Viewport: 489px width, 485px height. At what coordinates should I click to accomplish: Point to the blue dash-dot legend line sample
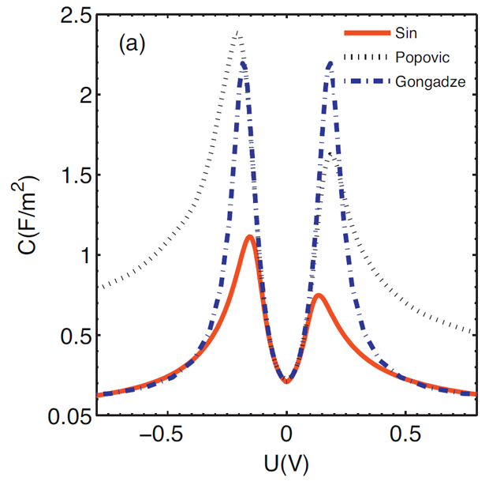[x=367, y=80]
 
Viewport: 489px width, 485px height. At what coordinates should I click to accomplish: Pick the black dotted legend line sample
[x=367, y=56]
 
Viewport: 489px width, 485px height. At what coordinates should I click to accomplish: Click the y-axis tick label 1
[x=82, y=254]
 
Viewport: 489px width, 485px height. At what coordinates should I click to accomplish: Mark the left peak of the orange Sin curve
[x=249, y=237]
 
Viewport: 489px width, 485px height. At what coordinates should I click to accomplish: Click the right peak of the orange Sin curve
[x=317, y=295]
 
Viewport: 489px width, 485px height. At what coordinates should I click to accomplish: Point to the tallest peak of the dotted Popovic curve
[x=237, y=32]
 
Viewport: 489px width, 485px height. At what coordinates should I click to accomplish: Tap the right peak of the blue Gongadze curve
[x=330, y=62]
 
